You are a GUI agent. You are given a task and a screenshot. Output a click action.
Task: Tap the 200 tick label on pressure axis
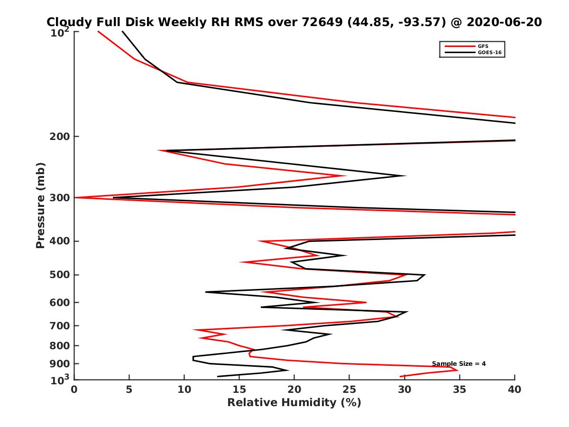(x=60, y=137)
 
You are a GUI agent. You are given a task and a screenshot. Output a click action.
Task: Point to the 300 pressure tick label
(x=60, y=198)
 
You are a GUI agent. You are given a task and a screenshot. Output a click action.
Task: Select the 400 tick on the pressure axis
(x=60, y=241)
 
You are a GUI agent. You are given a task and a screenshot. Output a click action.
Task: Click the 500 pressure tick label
(x=60, y=275)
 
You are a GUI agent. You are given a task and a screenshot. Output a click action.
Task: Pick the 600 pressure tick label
(x=60, y=302)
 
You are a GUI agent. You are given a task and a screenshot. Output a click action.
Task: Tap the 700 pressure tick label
(x=60, y=325)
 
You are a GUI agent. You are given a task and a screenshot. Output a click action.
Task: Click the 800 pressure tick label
(x=60, y=345)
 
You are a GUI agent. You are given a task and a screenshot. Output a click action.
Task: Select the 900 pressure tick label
(x=60, y=363)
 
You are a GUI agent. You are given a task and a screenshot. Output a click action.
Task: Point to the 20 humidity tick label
(x=294, y=390)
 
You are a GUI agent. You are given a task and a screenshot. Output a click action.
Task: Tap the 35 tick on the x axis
(x=459, y=390)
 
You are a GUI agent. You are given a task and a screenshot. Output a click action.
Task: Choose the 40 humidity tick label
(x=514, y=390)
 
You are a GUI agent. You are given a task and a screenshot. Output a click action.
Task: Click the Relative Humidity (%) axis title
(x=294, y=403)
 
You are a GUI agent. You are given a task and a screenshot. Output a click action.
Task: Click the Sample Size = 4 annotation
(x=459, y=364)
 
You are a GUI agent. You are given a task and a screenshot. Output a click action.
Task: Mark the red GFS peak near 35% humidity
(x=458, y=370)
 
